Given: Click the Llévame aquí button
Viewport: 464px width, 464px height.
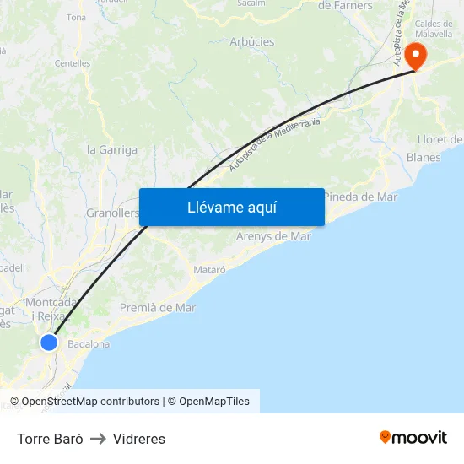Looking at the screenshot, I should (x=232, y=207).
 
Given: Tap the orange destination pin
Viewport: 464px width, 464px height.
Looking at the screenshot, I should (x=416, y=56).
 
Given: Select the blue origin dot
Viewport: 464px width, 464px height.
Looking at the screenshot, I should (x=49, y=343).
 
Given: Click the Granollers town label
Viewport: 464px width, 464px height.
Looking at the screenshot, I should (x=112, y=213).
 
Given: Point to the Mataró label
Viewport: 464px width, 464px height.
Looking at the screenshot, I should (x=210, y=270).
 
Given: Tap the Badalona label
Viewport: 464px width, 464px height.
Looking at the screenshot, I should (x=89, y=344).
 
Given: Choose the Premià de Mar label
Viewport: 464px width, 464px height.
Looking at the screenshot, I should (x=158, y=308).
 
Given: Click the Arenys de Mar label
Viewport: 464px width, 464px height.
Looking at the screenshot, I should (x=273, y=236).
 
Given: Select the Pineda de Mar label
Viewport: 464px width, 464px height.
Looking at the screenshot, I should (x=360, y=197).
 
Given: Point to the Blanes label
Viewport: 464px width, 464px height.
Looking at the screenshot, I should (x=424, y=158).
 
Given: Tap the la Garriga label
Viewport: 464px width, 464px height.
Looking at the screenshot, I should (x=112, y=150).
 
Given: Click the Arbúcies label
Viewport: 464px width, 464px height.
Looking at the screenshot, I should (x=252, y=41).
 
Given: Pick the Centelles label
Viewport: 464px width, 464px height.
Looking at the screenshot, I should (x=73, y=63).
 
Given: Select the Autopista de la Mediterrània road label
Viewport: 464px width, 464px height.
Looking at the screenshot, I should (x=275, y=144).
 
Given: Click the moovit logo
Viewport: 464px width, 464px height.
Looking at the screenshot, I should (x=413, y=438).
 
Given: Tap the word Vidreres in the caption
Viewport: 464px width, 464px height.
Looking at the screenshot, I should (x=139, y=439).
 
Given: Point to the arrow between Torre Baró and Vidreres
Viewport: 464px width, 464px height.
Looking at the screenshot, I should (x=98, y=439).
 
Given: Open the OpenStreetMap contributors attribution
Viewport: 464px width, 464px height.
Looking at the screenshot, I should (x=90, y=402).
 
